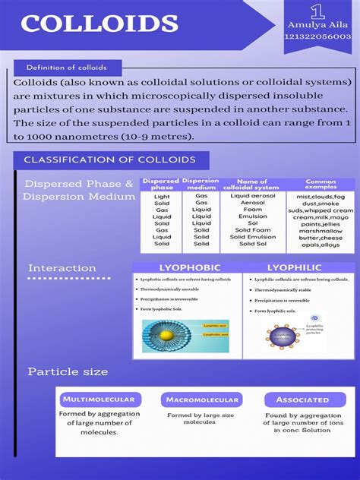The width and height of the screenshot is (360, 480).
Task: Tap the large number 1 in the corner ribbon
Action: (317, 11)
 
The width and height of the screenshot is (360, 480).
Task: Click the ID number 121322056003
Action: (318, 36)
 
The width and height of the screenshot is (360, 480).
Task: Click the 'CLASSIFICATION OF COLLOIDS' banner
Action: (109, 160)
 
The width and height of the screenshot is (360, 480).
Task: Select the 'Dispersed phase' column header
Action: (161, 185)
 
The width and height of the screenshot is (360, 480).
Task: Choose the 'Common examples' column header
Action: (321, 185)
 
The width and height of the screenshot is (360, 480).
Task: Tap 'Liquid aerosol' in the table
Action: (253, 196)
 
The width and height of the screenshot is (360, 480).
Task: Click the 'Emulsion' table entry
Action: (253, 216)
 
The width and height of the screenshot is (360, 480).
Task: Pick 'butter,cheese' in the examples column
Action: (320, 237)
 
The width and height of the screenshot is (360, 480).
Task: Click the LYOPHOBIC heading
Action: (189, 268)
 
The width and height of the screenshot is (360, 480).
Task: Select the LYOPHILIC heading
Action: (294, 268)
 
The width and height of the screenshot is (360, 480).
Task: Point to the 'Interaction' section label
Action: (62, 268)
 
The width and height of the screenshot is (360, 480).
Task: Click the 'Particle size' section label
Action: (68, 372)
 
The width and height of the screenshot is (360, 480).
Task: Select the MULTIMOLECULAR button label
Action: (99, 399)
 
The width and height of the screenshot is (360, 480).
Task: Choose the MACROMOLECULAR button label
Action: (201, 399)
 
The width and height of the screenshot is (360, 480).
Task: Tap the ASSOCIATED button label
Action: (302, 399)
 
